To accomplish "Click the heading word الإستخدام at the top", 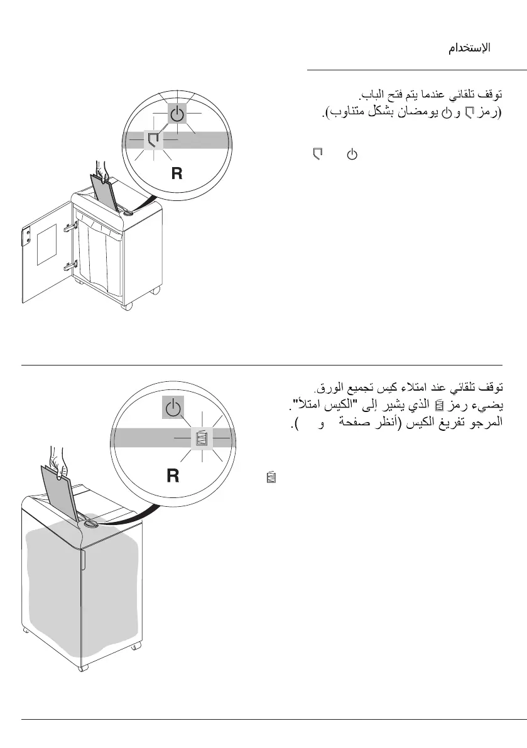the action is [469, 48].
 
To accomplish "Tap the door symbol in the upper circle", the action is [154, 139].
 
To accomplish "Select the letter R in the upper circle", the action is [177, 174].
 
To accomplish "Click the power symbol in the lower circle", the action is [173, 409].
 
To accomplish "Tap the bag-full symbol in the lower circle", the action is [201, 438].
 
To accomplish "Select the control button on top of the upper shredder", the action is [128, 213].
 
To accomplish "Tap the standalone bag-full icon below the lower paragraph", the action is [271, 479].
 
